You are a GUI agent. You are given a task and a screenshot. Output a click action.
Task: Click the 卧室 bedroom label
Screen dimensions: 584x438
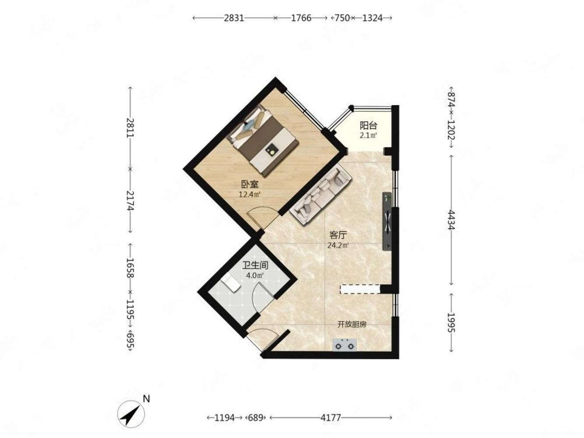(x=250, y=184)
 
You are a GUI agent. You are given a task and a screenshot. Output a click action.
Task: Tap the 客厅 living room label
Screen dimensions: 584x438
(x=338, y=235)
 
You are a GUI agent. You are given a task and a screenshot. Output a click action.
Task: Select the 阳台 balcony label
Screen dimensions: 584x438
(x=368, y=126)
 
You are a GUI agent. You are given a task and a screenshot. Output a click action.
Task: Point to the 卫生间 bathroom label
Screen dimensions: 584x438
(x=255, y=265)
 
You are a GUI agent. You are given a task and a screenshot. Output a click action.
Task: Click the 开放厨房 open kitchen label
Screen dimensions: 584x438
(x=352, y=325)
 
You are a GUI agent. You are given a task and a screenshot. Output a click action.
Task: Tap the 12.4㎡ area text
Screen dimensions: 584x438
(x=249, y=194)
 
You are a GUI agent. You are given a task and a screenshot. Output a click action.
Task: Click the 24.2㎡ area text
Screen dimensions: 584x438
(x=338, y=245)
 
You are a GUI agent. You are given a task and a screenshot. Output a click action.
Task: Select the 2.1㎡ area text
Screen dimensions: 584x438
(x=368, y=136)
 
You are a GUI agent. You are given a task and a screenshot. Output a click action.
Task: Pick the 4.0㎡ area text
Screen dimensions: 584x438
(x=255, y=276)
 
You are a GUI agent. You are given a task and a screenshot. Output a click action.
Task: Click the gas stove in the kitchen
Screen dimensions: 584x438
(x=344, y=345)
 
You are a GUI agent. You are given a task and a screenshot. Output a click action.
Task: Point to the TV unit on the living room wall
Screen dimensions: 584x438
(x=387, y=221)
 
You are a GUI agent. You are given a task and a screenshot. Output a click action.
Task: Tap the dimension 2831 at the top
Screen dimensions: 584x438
(x=234, y=18)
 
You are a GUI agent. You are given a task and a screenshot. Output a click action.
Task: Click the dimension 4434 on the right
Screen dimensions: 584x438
(x=451, y=220)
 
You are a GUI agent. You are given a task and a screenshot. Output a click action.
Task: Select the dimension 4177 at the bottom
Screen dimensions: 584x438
(x=331, y=418)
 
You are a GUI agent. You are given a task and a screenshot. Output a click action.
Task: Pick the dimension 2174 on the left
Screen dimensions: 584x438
(x=130, y=201)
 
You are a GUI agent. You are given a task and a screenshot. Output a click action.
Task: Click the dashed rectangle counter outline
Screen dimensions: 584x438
(x=360, y=289)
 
